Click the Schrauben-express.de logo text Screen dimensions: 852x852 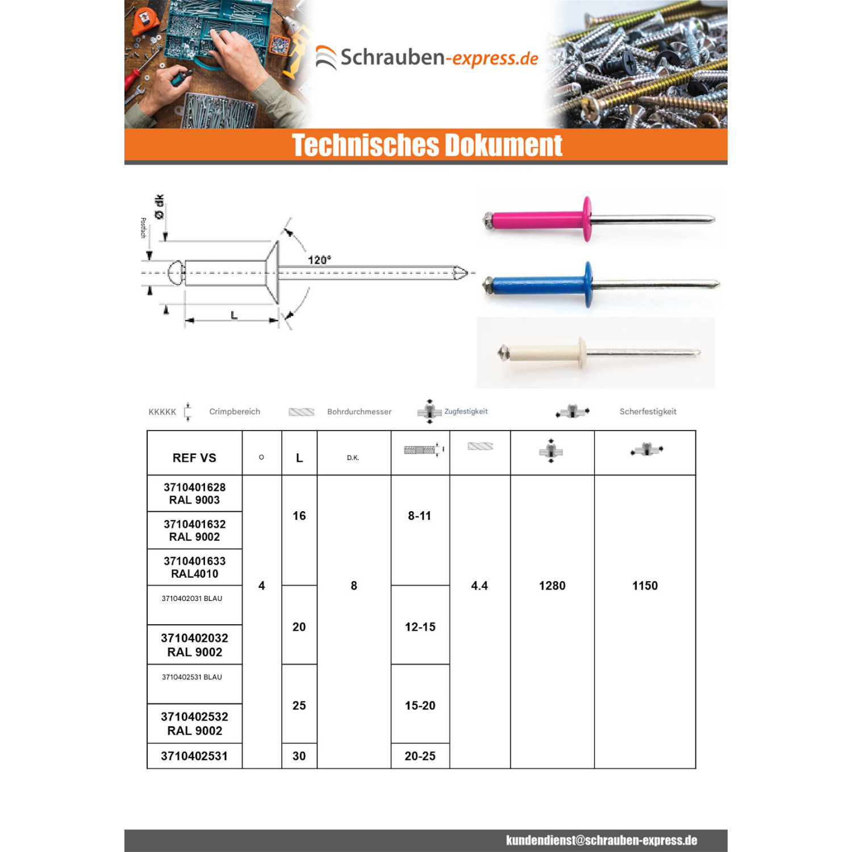coord(439,58)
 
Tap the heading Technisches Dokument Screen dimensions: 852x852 coord(427,145)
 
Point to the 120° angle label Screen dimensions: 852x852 coord(319,260)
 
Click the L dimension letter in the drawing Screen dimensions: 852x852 coord(234,315)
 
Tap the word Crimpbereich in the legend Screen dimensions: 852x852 coord(235,412)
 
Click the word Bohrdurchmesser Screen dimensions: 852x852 coord(359,412)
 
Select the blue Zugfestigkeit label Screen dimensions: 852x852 coord(466,411)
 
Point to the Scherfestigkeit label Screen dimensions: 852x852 coord(648,412)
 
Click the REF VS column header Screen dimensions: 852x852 coord(194,458)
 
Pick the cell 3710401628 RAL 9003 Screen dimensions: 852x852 coord(194,494)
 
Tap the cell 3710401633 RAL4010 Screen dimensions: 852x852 coord(194,567)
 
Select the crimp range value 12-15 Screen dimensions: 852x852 coord(420,627)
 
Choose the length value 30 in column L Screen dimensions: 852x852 coord(299,756)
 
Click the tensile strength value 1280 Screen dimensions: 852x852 coord(552,586)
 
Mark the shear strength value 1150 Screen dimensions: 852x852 coord(645,586)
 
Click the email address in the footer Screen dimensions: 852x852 coord(602,841)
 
